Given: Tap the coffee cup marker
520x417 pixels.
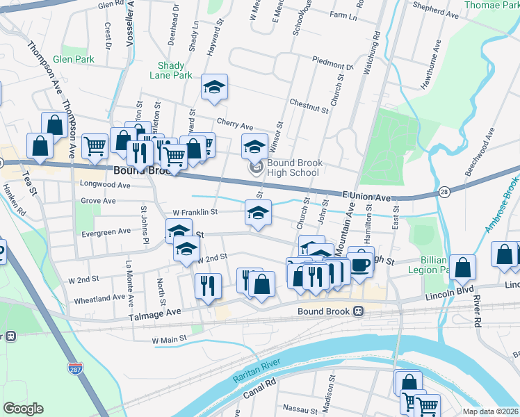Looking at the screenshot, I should coord(360,263).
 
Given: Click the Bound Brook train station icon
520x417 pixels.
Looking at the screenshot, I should coord(359,311).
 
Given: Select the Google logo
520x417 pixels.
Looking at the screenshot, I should coord(23,409).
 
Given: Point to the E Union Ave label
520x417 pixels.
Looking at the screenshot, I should coord(367,197).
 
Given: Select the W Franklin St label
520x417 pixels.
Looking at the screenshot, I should coord(195,211).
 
